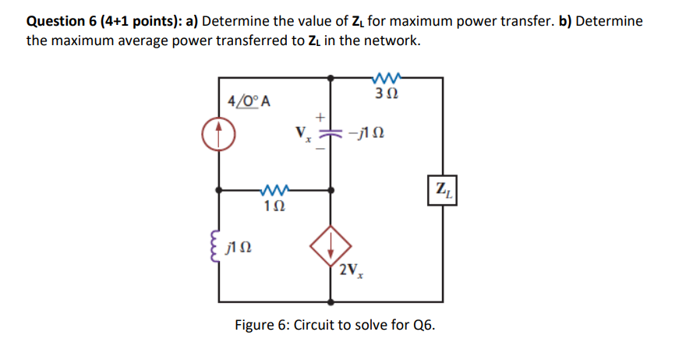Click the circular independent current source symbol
(x=220, y=135)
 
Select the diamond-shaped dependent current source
(x=331, y=245)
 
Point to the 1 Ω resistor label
(x=276, y=207)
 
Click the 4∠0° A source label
(x=249, y=101)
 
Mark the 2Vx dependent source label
(x=352, y=272)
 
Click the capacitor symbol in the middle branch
(x=331, y=134)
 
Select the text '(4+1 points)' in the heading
(x=141, y=21)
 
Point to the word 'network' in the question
(x=389, y=41)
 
